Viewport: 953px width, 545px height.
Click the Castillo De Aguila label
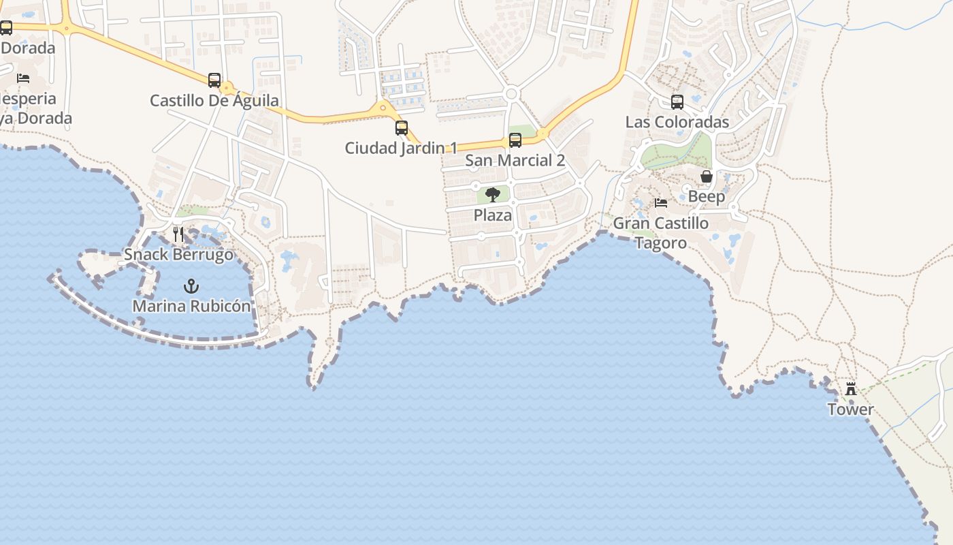click(214, 101)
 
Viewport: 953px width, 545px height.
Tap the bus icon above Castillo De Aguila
click(214, 80)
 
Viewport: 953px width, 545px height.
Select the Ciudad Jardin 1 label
click(401, 148)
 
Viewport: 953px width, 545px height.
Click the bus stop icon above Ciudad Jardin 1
click(402, 127)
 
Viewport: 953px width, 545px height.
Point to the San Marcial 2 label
click(515, 161)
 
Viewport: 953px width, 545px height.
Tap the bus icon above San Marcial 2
click(515, 140)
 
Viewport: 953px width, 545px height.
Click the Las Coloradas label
click(677, 123)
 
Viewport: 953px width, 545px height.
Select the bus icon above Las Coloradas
click(677, 102)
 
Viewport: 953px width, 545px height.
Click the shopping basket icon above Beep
click(707, 176)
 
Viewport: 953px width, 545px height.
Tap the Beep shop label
click(707, 197)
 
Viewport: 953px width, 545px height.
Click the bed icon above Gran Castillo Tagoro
click(661, 203)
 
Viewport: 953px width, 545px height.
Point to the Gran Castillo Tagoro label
click(661, 233)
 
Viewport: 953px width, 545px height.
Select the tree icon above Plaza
click(493, 195)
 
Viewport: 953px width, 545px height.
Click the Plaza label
click(493, 215)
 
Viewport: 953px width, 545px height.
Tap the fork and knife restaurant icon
click(178, 234)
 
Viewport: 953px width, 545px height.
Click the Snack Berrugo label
click(178, 255)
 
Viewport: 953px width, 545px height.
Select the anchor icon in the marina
click(191, 286)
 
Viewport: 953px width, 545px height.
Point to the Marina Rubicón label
click(191, 307)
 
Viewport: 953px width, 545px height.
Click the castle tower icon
click(851, 389)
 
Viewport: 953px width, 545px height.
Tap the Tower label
click(851, 409)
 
